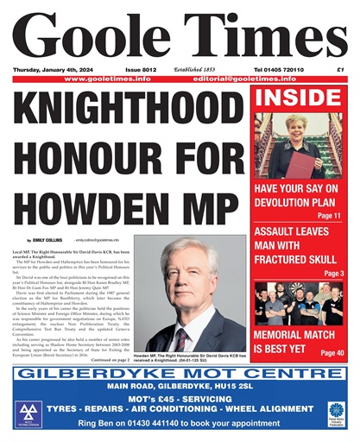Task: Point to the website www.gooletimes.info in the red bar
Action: click(x=108, y=79)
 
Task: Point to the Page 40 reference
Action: click(x=332, y=353)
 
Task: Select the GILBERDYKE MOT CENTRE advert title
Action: click(x=180, y=374)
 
